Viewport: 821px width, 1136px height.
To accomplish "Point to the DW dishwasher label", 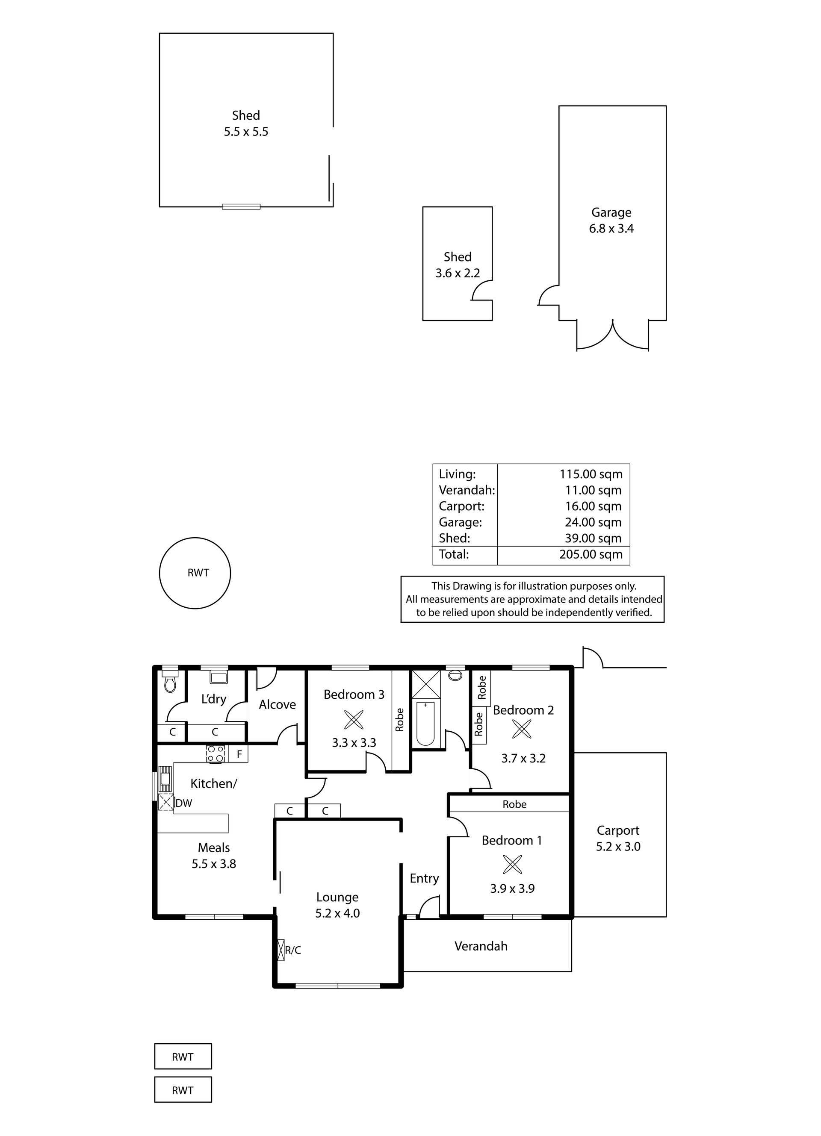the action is pyautogui.click(x=183, y=803).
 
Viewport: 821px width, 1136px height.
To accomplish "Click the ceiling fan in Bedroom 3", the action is pyautogui.click(x=354, y=720).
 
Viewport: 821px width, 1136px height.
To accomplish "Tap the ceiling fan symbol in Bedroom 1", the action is pyautogui.click(x=512, y=864).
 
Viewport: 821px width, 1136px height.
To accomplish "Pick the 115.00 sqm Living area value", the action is pyautogui.click(x=591, y=474).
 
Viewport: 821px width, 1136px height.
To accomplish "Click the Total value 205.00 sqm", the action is pyautogui.click(x=591, y=554).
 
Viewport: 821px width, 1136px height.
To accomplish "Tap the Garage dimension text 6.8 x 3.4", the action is pyautogui.click(x=611, y=228).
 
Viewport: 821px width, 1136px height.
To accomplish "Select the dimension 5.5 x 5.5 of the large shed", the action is pyautogui.click(x=246, y=132).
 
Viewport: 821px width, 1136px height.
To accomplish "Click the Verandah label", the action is pyautogui.click(x=481, y=946).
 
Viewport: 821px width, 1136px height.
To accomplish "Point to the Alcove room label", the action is pyautogui.click(x=277, y=705).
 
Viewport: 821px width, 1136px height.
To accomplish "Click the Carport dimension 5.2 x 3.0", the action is pyautogui.click(x=618, y=847).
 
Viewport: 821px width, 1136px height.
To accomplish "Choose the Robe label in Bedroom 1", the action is pyautogui.click(x=514, y=804).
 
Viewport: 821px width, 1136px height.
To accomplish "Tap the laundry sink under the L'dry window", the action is pyautogui.click(x=219, y=678).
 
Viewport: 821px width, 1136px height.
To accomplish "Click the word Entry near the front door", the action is pyautogui.click(x=424, y=879).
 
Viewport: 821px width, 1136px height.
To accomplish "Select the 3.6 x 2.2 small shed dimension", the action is pyautogui.click(x=458, y=273).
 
